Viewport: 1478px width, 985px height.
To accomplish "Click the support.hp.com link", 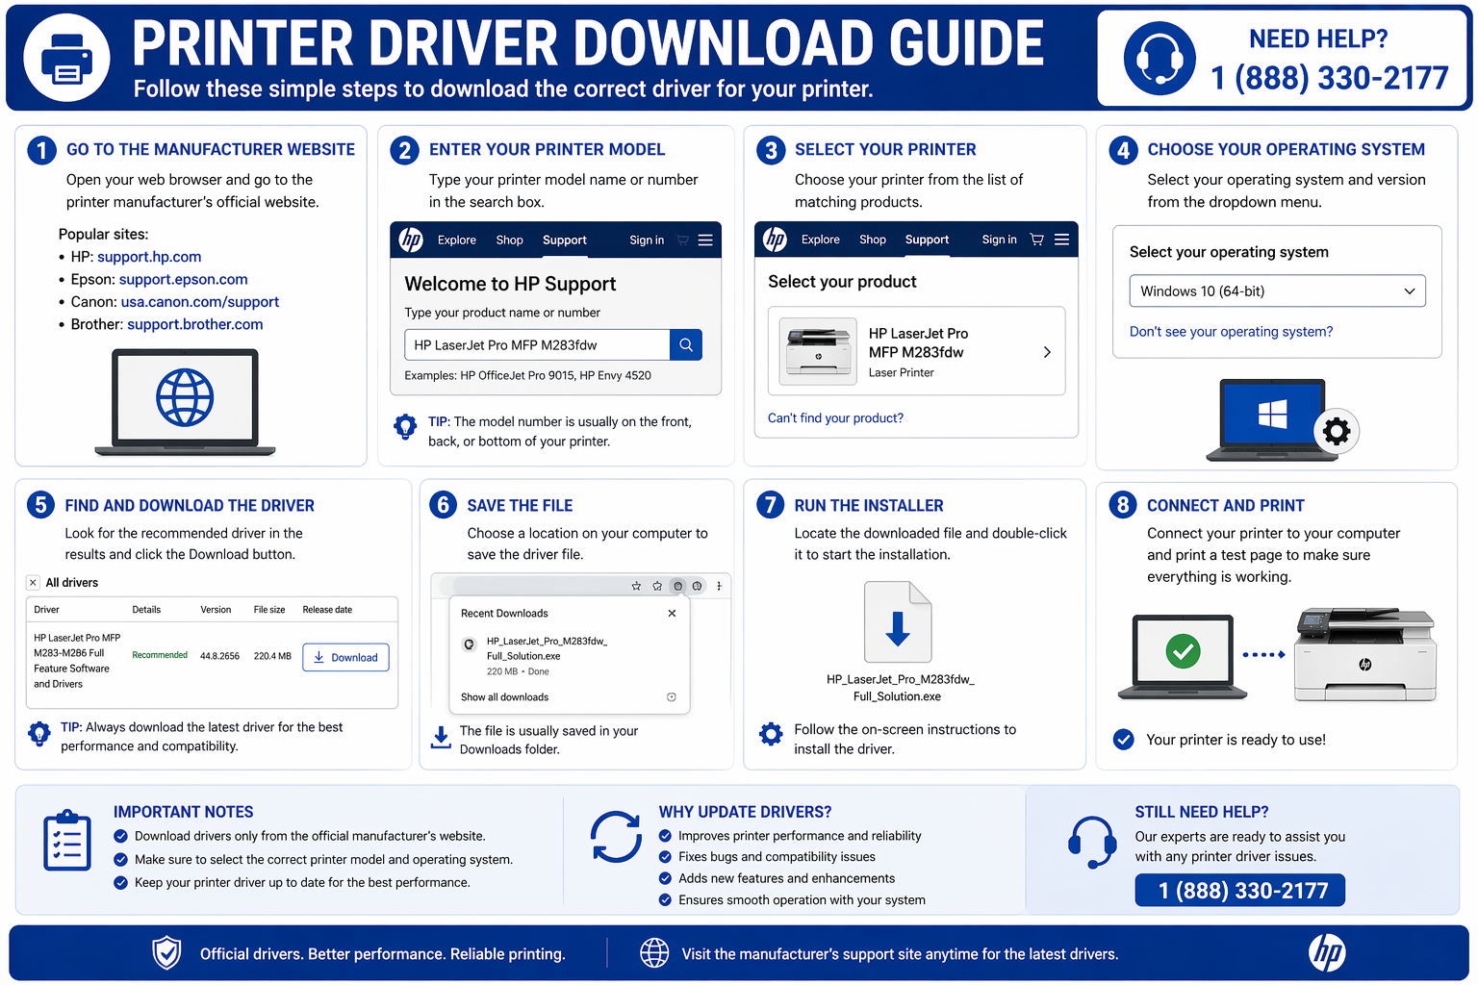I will click(x=149, y=257).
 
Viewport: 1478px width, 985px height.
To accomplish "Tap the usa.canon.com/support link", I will click(x=199, y=302).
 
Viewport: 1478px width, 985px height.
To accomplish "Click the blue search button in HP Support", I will click(x=685, y=345).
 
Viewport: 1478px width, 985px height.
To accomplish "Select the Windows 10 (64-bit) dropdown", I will click(x=1276, y=291).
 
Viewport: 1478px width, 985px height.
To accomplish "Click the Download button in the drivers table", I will click(x=345, y=658).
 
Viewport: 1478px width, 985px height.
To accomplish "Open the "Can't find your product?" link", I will click(x=835, y=418).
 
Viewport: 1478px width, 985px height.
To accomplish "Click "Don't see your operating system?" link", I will click(x=1231, y=332).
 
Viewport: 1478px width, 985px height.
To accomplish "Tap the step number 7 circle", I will click(x=770, y=505).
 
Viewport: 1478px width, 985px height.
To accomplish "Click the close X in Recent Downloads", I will click(x=672, y=614).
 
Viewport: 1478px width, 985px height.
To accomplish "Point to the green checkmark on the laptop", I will click(x=1183, y=651).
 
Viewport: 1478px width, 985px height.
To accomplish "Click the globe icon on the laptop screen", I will click(x=185, y=397).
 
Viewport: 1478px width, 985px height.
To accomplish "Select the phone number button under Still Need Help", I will click(x=1239, y=891).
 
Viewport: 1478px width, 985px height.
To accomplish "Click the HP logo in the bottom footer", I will click(x=1327, y=953).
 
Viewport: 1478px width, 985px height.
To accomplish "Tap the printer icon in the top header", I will click(x=66, y=58).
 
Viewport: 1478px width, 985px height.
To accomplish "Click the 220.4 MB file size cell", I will click(x=272, y=656).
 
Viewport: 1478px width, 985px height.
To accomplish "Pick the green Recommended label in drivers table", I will click(x=160, y=655).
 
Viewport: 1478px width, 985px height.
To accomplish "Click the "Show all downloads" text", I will click(x=504, y=697).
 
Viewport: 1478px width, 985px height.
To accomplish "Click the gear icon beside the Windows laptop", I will click(x=1336, y=431).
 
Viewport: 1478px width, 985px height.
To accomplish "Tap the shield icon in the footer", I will click(x=167, y=953).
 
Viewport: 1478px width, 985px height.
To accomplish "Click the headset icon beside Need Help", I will click(x=1159, y=59).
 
